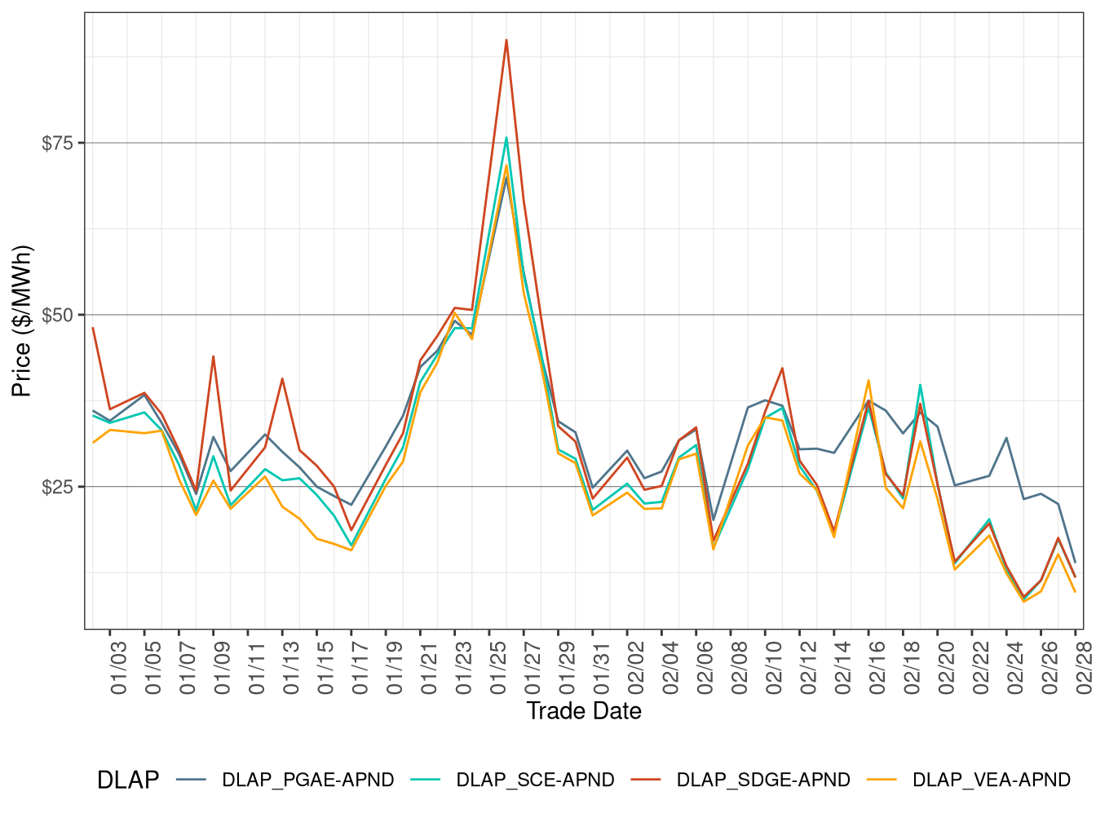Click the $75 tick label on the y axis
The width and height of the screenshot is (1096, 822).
pos(57,144)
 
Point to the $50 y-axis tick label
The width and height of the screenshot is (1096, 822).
pos(57,316)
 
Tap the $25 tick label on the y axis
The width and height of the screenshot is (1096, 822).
pos(57,488)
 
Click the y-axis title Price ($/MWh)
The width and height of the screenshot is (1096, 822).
pos(22,320)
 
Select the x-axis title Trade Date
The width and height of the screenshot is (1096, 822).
pos(584,711)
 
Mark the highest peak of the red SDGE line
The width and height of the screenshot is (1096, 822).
pos(506,40)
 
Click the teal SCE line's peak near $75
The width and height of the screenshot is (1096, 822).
pos(506,138)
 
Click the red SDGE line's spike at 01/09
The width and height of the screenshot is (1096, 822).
pos(214,356)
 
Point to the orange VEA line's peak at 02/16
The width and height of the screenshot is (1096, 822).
pos(868,380)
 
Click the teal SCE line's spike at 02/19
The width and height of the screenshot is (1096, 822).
pos(920,385)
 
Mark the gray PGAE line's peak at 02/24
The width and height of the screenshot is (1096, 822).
pos(1006,438)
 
